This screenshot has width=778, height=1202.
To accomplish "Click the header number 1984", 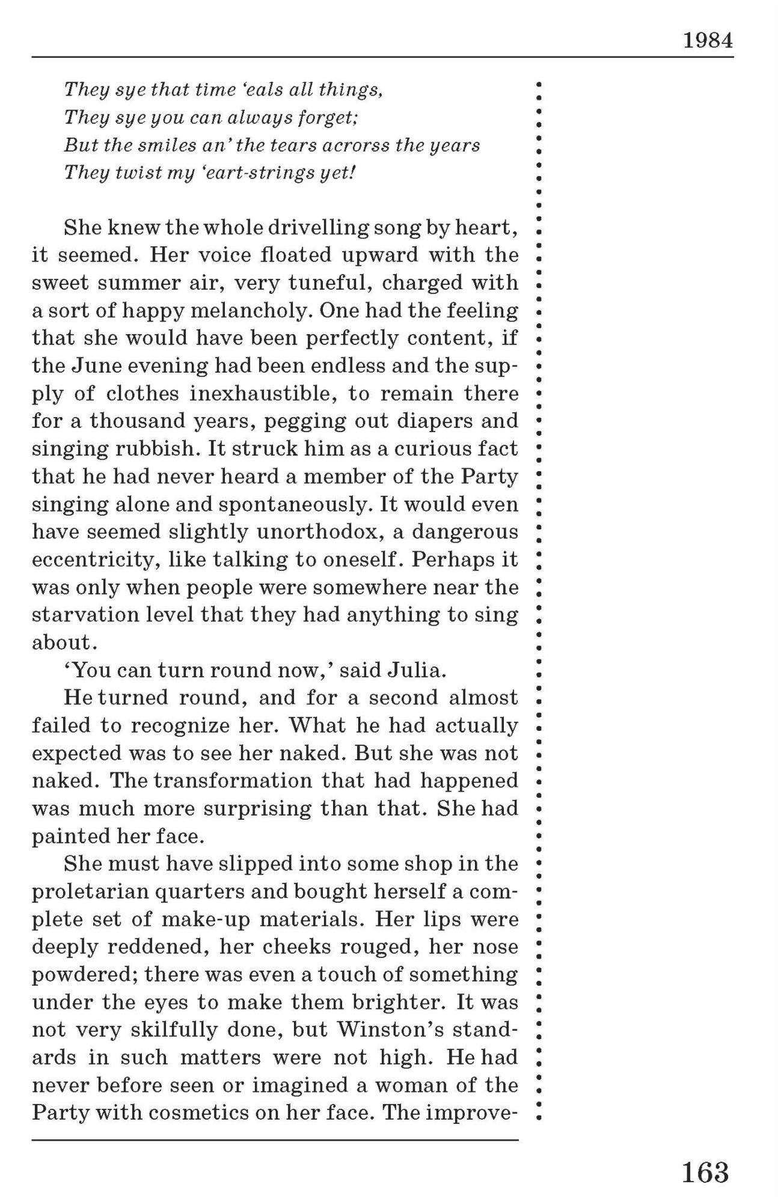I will pos(708,41).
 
